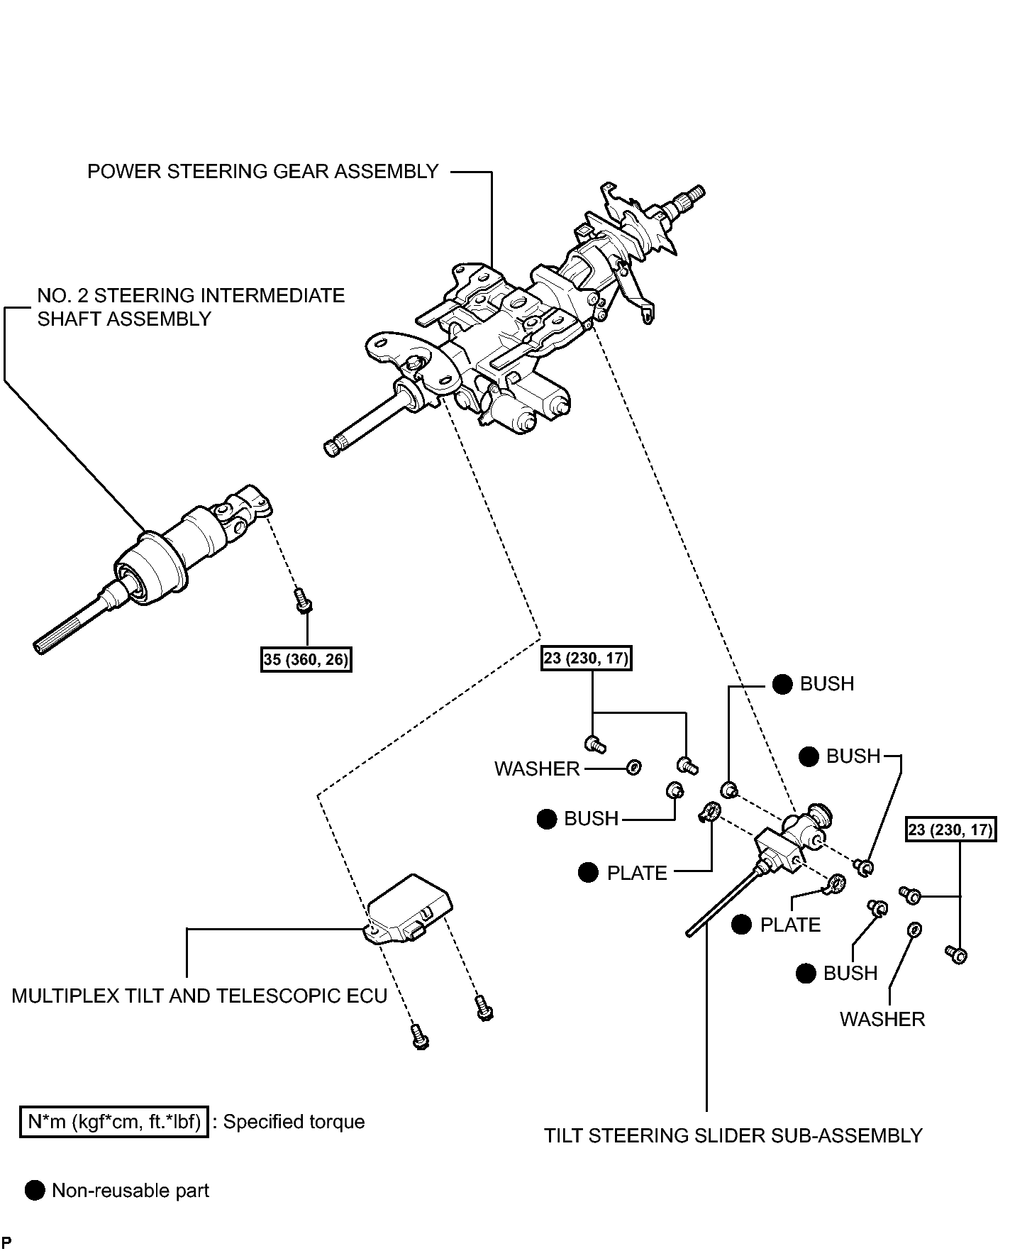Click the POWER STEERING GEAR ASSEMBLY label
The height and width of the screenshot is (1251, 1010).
[262, 172]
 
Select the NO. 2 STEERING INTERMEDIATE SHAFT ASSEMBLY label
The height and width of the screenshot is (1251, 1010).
[191, 307]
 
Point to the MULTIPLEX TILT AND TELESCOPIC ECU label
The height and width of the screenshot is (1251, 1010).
[199, 996]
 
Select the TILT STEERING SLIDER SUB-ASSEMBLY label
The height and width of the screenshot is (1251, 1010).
[733, 1135]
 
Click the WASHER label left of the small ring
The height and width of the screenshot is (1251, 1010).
[537, 768]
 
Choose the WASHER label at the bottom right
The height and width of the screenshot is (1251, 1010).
[882, 1019]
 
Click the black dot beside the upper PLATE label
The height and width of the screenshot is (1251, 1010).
[588, 872]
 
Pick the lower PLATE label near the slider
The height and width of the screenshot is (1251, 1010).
[790, 925]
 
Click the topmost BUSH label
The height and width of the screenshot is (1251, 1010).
[827, 683]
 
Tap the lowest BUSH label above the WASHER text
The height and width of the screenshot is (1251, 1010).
[850, 973]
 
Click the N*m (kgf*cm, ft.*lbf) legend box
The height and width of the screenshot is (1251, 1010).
[113, 1122]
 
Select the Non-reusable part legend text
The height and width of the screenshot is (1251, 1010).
[131, 1190]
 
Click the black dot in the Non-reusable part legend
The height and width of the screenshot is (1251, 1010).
[35, 1191]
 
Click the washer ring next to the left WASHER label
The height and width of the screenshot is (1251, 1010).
[634, 767]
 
